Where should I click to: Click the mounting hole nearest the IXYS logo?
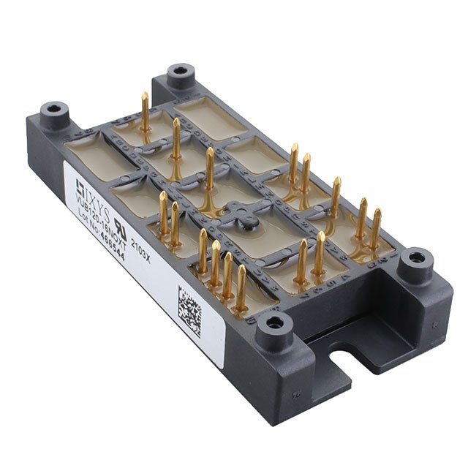pos(55,110)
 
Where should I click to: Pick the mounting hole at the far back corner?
pos(179,72)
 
